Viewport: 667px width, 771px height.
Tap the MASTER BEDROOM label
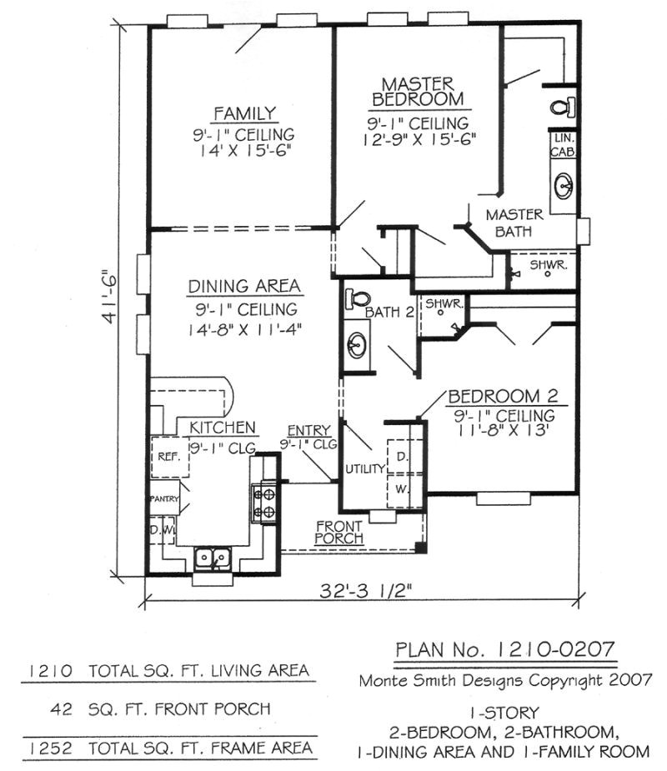tap(418, 91)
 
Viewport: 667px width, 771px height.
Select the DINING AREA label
tap(243, 287)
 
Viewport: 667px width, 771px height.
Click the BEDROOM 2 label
tap(503, 396)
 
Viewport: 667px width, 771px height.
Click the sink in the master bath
tap(564, 185)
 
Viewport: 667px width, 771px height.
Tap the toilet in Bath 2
tap(359, 297)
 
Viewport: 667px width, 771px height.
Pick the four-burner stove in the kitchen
tap(265, 503)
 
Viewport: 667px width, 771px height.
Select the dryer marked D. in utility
tap(401, 457)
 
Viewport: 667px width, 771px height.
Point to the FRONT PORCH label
tap(339, 533)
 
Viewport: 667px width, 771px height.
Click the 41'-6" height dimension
tap(107, 299)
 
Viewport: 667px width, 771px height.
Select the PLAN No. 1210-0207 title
tap(505, 649)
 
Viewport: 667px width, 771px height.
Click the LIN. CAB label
tap(559, 143)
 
